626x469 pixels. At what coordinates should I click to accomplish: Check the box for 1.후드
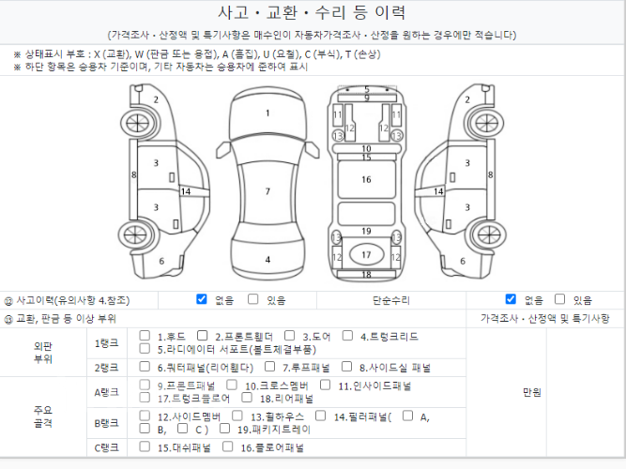[x=145, y=336]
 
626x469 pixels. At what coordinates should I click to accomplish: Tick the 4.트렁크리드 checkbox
[x=348, y=336]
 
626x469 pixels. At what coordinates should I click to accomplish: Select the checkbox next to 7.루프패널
[x=270, y=367]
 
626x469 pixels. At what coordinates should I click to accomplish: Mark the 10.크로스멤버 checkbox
[x=232, y=385]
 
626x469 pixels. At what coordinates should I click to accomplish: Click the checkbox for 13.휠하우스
[x=237, y=416]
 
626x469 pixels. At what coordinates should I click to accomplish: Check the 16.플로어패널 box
[x=227, y=446]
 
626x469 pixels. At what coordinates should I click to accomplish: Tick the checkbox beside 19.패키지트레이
[x=224, y=429]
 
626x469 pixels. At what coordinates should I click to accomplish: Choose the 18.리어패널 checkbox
[x=247, y=398]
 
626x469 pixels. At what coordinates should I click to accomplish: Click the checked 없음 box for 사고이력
[x=202, y=299]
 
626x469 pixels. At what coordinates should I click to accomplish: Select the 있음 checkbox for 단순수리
[x=560, y=299]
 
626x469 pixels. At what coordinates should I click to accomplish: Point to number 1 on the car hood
[x=267, y=113]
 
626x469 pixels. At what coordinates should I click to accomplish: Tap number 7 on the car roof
[x=267, y=191]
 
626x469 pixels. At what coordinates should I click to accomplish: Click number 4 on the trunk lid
[x=267, y=260]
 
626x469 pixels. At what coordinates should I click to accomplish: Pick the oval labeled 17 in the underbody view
[x=367, y=254]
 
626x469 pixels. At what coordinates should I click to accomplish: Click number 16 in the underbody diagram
[x=367, y=179]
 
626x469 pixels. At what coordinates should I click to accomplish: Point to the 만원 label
[x=532, y=393]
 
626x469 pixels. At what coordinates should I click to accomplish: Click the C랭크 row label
[x=107, y=447]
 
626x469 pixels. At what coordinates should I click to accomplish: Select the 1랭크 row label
[x=107, y=343]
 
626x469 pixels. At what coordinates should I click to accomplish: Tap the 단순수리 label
[x=391, y=300]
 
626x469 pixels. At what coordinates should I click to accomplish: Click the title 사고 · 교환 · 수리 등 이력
[x=312, y=12]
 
